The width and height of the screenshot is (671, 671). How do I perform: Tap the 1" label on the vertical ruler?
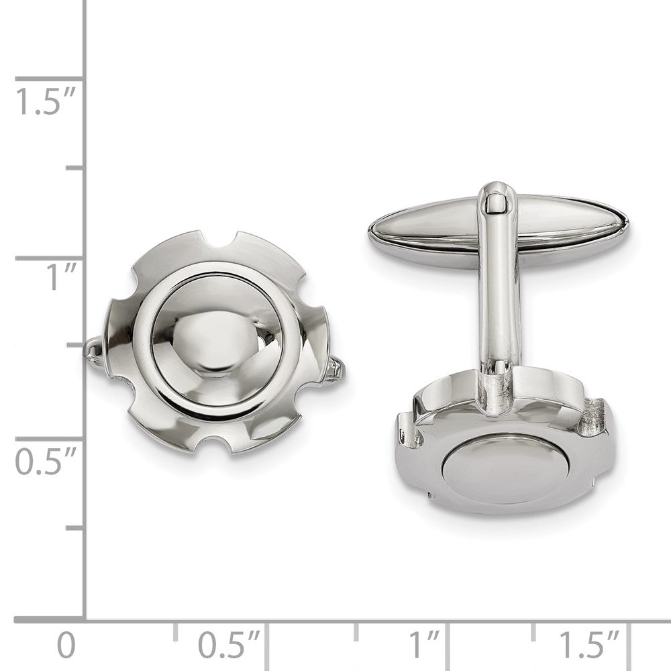(57, 277)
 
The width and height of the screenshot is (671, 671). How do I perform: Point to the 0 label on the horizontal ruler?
(66, 646)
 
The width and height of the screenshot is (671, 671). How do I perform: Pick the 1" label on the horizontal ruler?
(425, 646)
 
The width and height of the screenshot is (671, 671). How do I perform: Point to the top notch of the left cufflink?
(217, 240)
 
